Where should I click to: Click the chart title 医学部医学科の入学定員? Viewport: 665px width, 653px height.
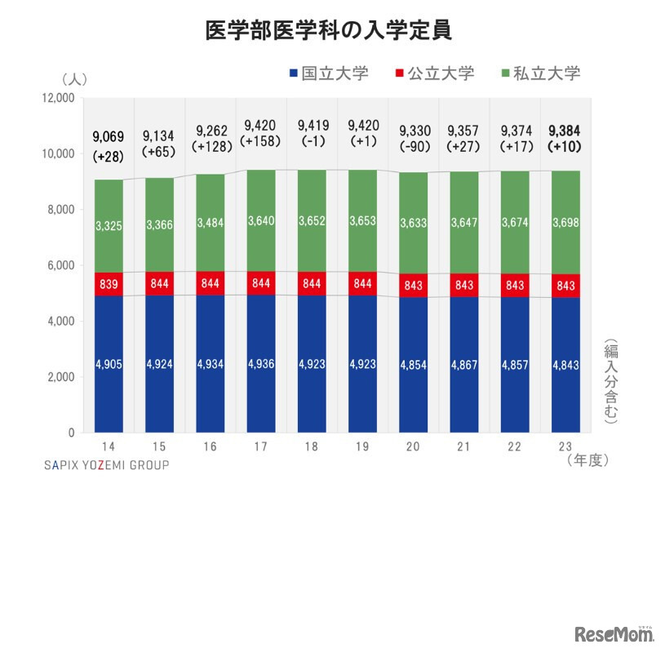[330, 30]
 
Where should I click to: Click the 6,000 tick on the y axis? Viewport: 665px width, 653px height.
[61, 265]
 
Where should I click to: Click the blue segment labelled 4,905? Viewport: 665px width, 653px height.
[108, 364]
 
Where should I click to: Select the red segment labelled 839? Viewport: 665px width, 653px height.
[108, 284]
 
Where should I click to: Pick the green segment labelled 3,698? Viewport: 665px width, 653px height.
[565, 225]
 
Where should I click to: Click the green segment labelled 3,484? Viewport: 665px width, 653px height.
[210, 225]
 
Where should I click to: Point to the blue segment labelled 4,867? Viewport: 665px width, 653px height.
[463, 364]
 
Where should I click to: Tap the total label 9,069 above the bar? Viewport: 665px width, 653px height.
[108, 136]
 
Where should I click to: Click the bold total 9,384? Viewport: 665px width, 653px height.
[565, 130]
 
